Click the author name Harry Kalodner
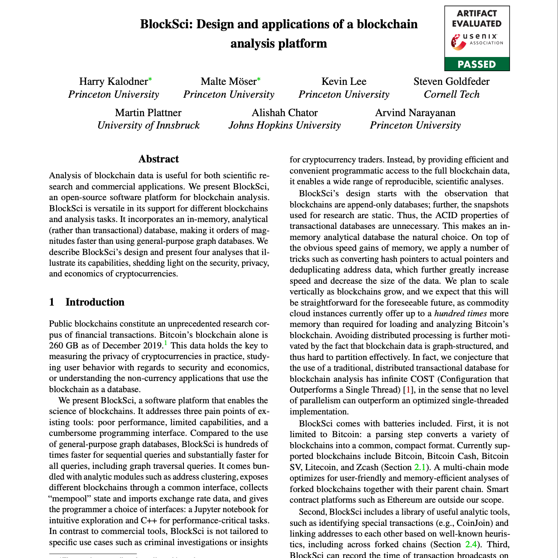[x=113, y=81]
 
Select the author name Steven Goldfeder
[x=451, y=81]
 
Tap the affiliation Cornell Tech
[x=451, y=94]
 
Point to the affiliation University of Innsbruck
[x=148, y=125]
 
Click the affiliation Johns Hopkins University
[x=284, y=125]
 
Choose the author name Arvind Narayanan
[x=415, y=113]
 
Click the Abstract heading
[x=159, y=159]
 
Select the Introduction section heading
[x=95, y=302]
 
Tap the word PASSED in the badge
[x=477, y=64]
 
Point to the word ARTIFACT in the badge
[x=477, y=13]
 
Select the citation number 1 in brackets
[x=409, y=390]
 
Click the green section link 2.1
[x=420, y=467]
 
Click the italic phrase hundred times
[x=455, y=313]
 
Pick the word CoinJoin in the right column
[x=474, y=523]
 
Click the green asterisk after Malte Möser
[x=259, y=79]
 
